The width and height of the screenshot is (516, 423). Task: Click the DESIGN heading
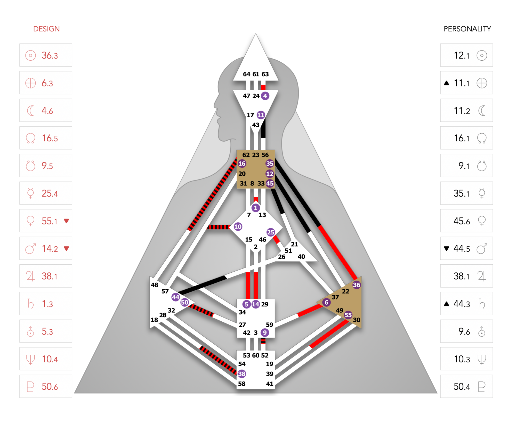click(x=46, y=29)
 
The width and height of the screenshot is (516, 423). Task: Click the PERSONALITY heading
click(x=467, y=29)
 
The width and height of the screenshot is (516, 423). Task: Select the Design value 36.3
click(x=50, y=55)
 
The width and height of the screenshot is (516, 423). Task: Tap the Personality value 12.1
click(x=462, y=55)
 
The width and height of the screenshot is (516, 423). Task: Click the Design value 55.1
click(x=50, y=221)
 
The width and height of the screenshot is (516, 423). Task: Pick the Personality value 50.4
click(x=462, y=387)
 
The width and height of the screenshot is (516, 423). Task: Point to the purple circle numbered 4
click(x=265, y=96)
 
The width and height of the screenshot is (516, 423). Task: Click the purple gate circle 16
click(x=242, y=164)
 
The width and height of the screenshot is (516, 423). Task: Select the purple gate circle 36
click(x=357, y=285)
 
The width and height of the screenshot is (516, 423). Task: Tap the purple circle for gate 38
click(x=242, y=374)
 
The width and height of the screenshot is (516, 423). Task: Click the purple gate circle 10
click(x=238, y=227)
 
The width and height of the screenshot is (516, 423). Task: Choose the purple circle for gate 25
click(x=271, y=232)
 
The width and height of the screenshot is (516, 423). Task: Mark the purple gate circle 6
click(x=326, y=302)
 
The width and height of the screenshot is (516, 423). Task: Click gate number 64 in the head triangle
click(x=247, y=74)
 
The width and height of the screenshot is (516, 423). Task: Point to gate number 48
click(x=155, y=285)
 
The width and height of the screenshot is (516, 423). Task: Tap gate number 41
click(x=270, y=384)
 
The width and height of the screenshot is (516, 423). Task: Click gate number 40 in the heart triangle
click(x=301, y=257)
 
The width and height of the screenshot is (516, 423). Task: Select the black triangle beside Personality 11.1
click(x=447, y=83)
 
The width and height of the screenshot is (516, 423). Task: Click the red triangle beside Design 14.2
click(x=66, y=249)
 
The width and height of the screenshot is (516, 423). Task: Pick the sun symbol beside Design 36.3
click(x=30, y=55)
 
